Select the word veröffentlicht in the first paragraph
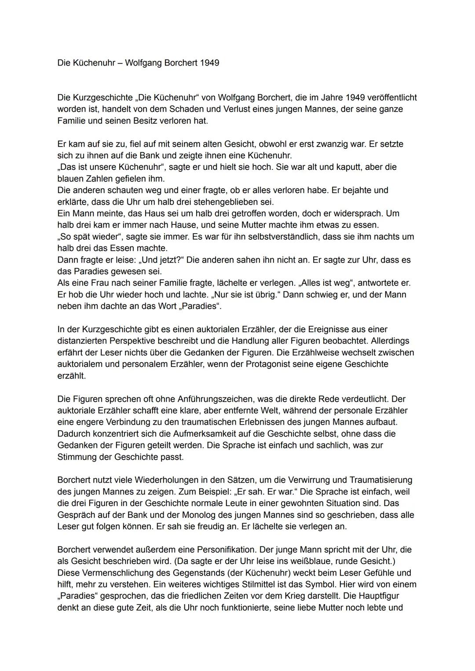(x=391, y=97)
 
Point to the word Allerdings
(x=391, y=341)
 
